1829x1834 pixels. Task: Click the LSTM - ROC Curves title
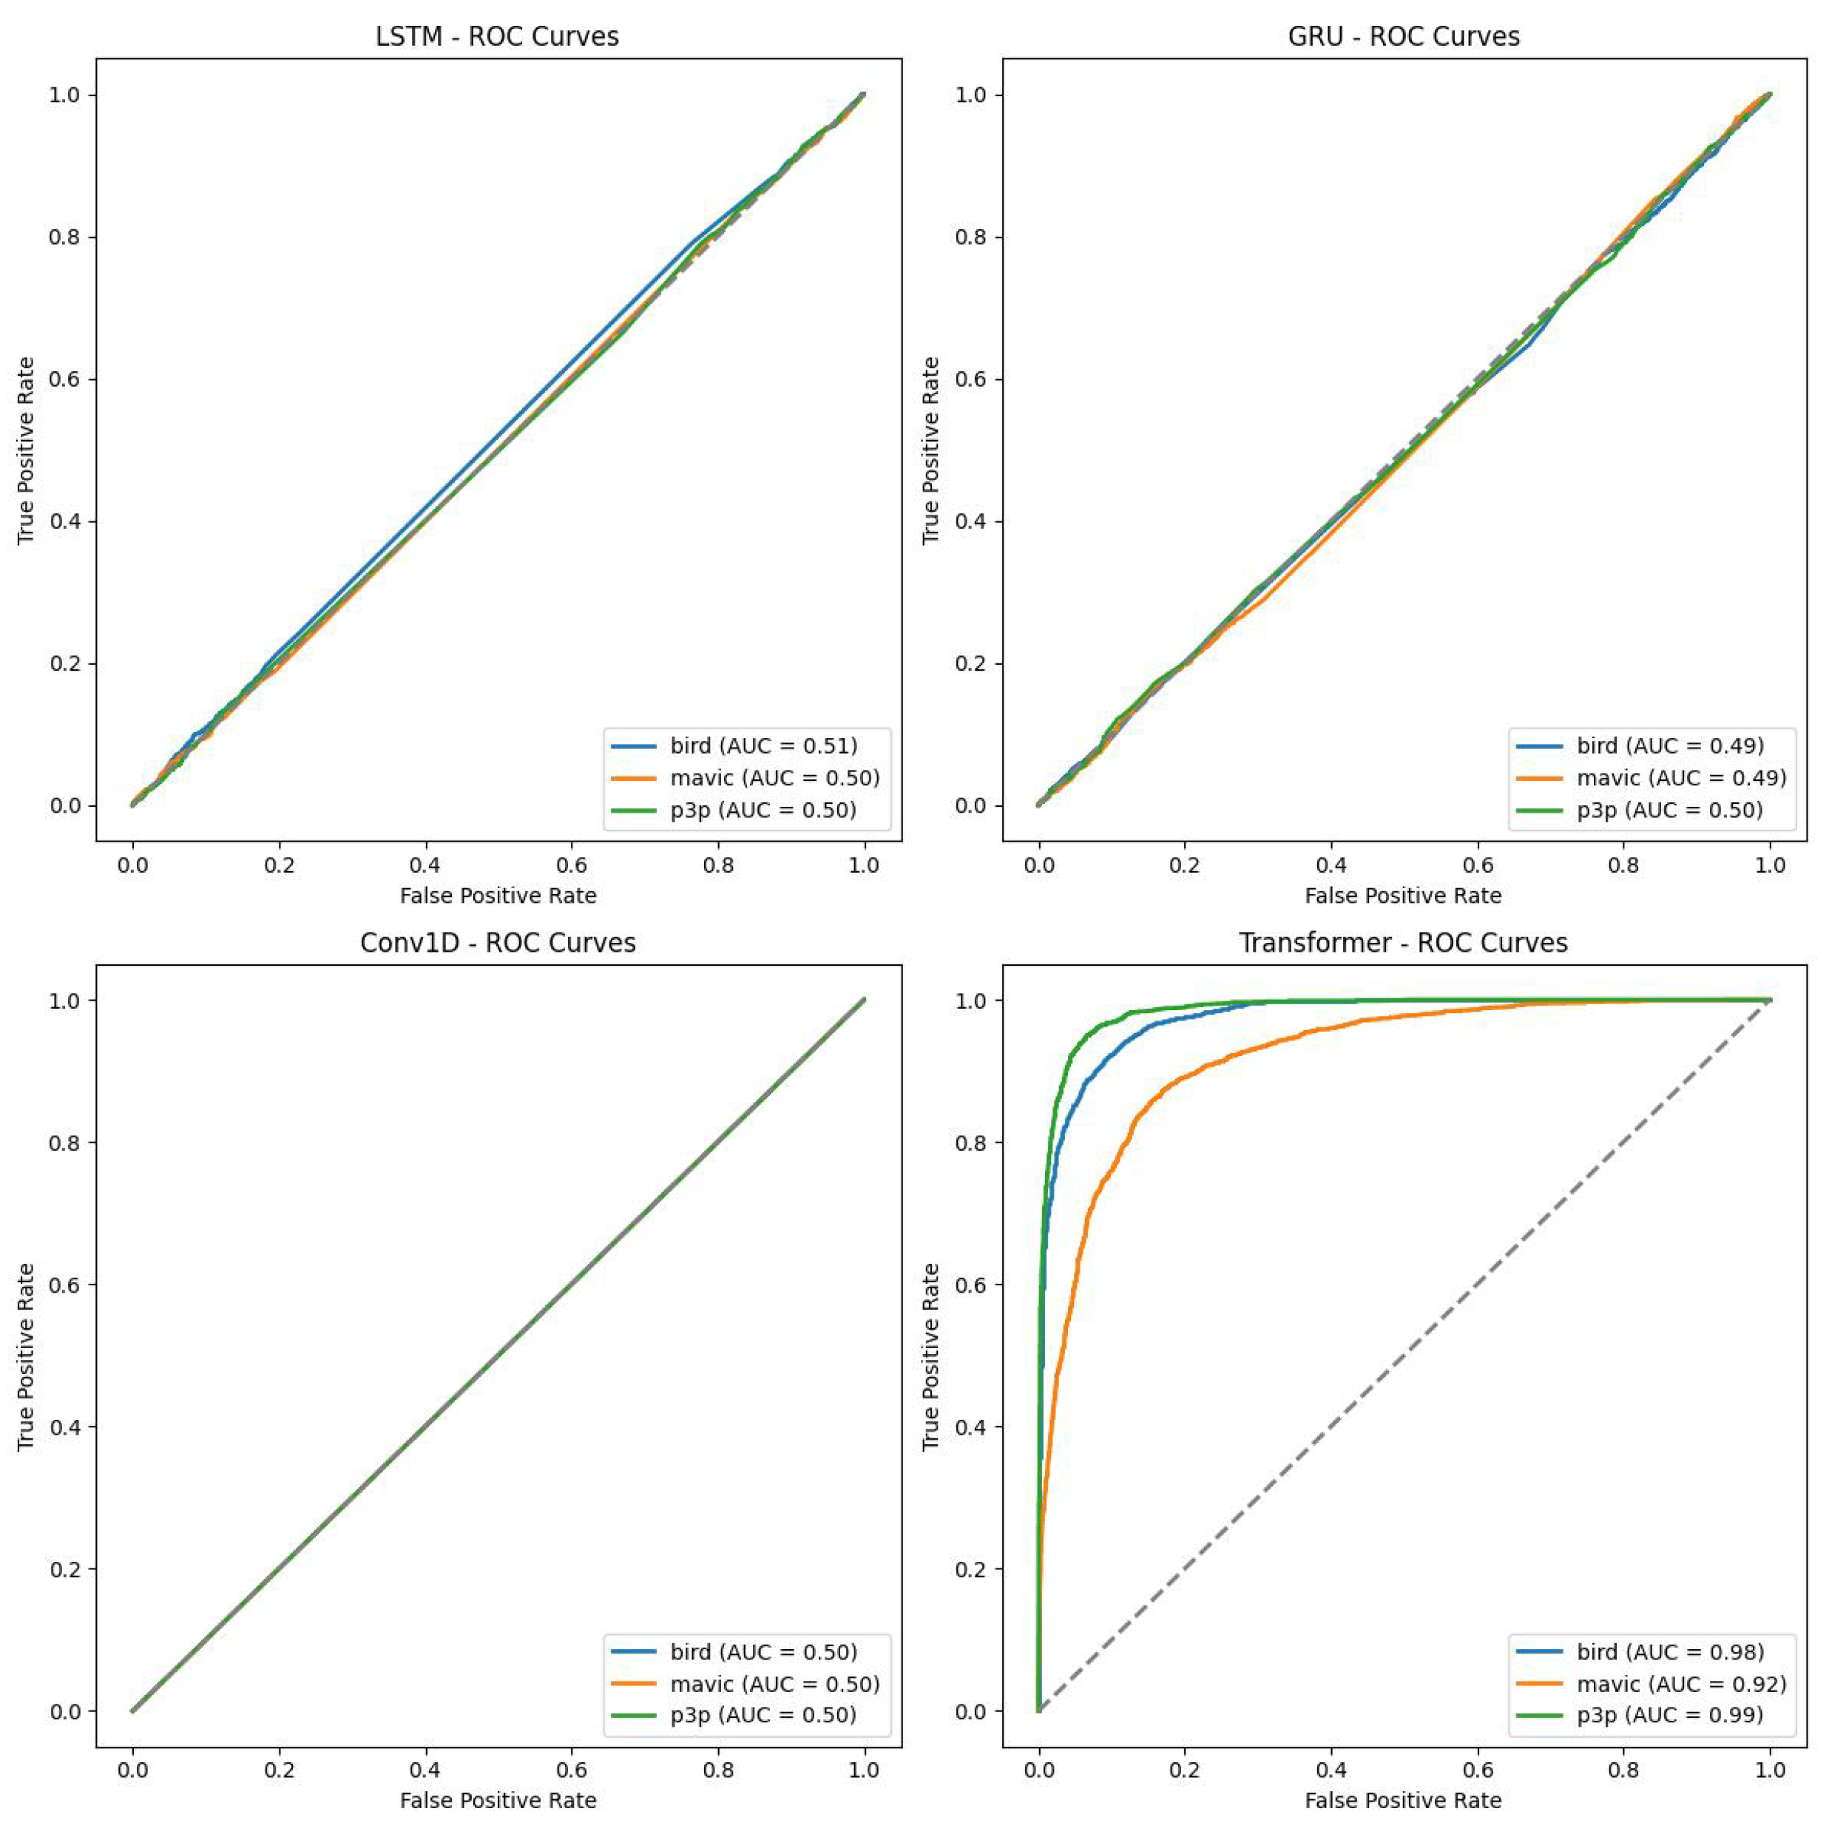[497, 37]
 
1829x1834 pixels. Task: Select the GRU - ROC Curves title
[1403, 37]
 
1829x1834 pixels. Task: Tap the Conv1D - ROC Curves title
[497, 943]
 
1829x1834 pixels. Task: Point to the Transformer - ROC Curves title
[1403, 943]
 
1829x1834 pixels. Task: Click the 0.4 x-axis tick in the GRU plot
[1332, 864]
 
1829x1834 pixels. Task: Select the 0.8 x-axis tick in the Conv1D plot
[717, 1770]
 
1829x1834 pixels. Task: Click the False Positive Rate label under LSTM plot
[497, 895]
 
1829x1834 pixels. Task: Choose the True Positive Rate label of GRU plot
[931, 450]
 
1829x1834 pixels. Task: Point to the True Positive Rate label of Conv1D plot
[26, 1356]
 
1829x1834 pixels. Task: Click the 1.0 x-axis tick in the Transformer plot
[1770, 1770]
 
